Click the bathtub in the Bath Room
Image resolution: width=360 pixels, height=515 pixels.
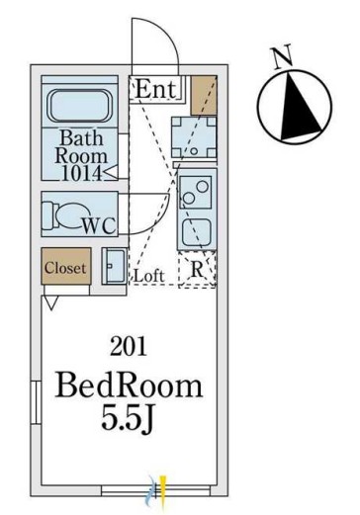click(x=79, y=106)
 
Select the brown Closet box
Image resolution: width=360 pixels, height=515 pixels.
click(x=66, y=266)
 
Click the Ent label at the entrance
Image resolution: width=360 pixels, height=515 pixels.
click(x=155, y=89)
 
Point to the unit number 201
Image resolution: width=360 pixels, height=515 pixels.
click(x=129, y=347)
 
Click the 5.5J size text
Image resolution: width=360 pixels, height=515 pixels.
click(x=128, y=417)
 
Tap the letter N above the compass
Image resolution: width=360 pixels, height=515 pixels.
click(x=282, y=57)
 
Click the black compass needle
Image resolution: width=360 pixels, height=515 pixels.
click(x=300, y=106)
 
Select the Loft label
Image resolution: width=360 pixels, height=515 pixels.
click(x=148, y=276)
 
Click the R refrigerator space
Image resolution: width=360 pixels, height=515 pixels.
click(x=197, y=270)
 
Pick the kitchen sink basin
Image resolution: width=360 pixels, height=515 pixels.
click(x=197, y=232)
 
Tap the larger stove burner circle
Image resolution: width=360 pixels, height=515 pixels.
click(x=202, y=187)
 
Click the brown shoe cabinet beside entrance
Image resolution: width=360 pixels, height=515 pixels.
click(x=204, y=96)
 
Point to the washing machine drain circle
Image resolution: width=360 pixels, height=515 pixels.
click(x=194, y=151)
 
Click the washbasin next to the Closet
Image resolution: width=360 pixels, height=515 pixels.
click(x=114, y=266)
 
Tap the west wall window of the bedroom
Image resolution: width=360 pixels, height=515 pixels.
click(x=36, y=402)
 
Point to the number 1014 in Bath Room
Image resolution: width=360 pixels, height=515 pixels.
click(x=82, y=173)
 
